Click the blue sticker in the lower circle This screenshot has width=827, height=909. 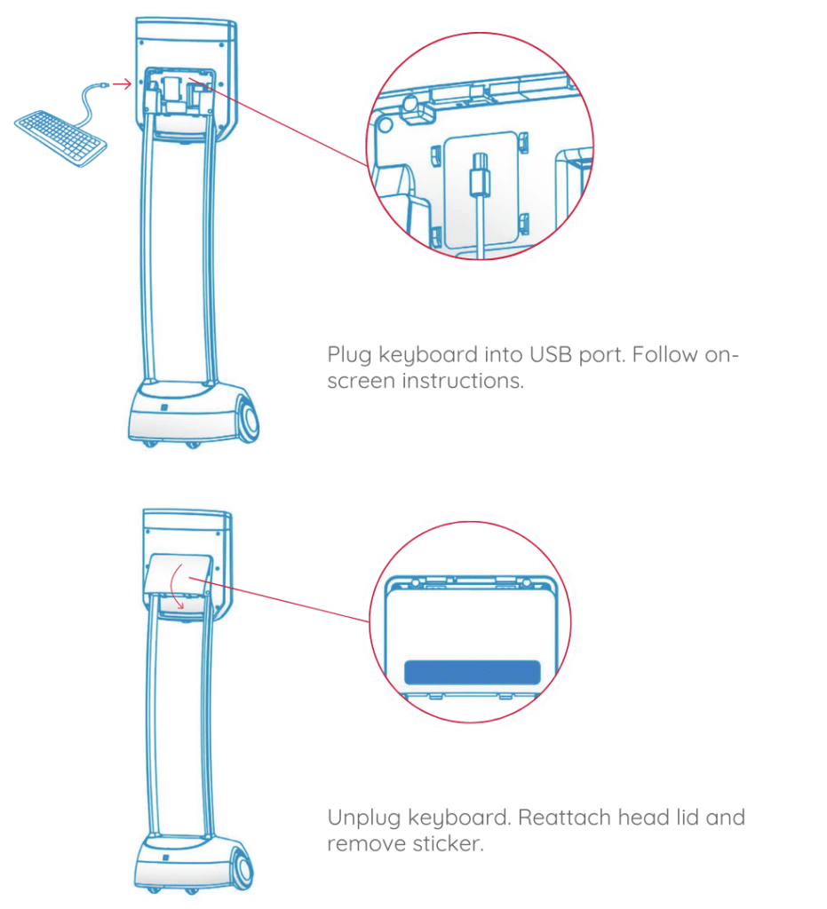click(x=472, y=672)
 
